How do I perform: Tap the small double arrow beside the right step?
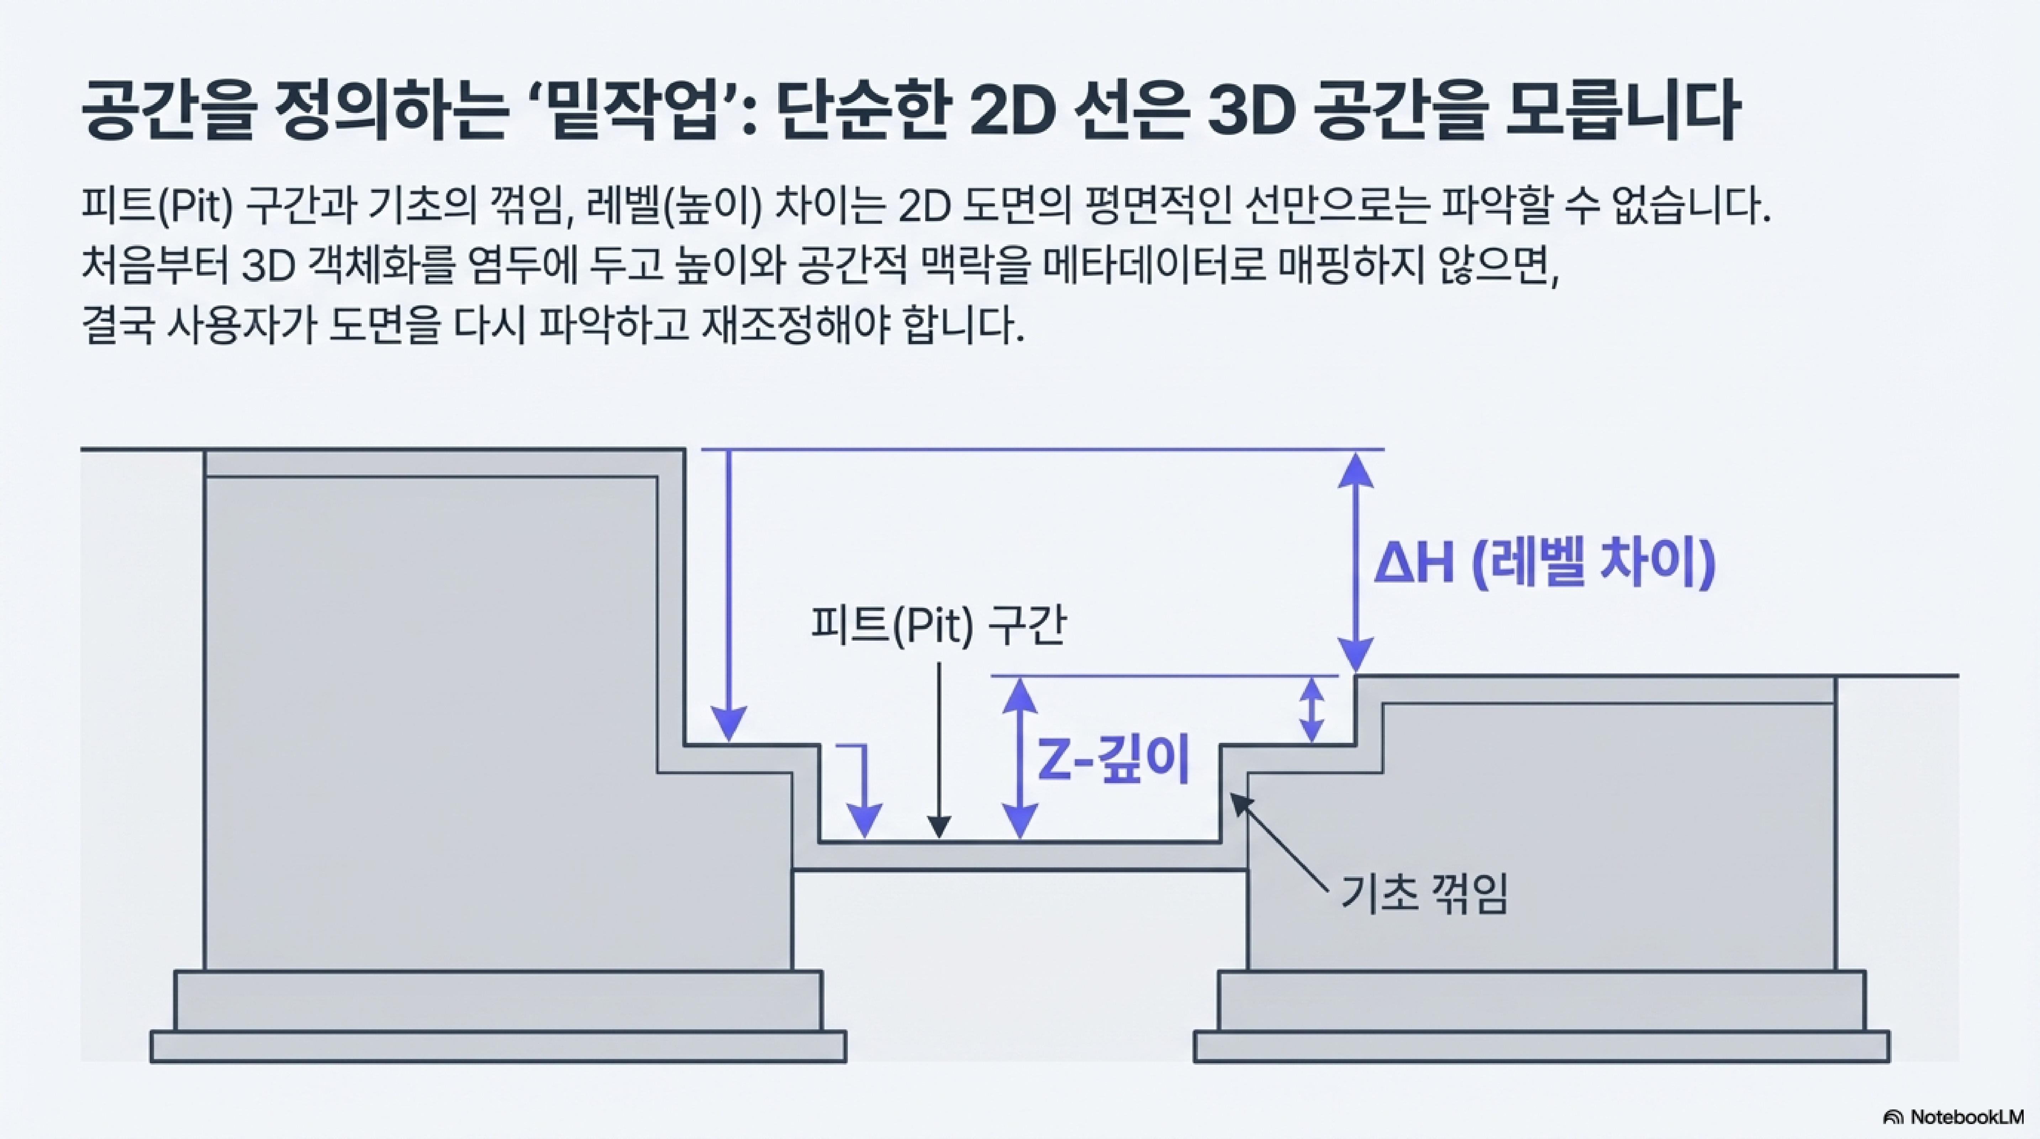1312,710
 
